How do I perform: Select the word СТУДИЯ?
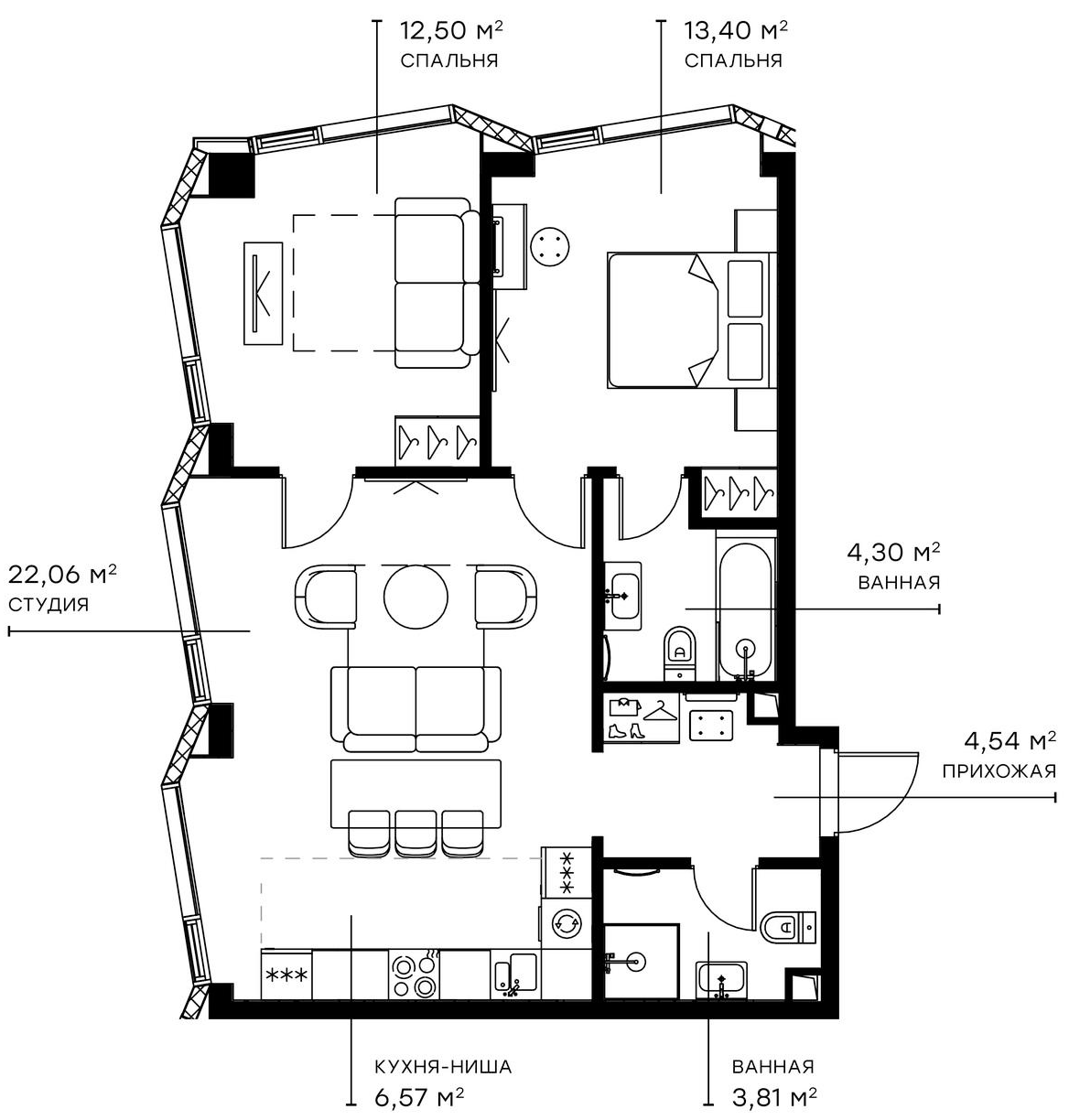point(49,605)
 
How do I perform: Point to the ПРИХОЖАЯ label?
point(999,770)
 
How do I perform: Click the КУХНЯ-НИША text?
point(442,1067)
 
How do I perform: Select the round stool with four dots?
point(551,245)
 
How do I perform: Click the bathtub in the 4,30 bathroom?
point(746,608)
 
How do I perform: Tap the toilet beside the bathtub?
point(679,648)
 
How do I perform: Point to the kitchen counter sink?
point(516,974)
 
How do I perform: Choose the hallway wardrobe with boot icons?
point(641,718)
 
